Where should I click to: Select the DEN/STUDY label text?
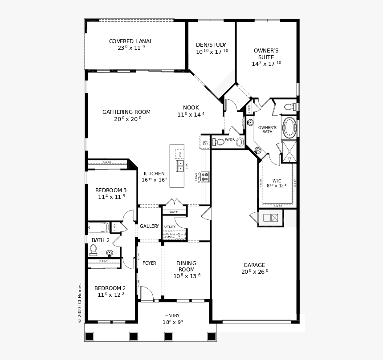point(211,45)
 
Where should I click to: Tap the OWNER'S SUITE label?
point(266,54)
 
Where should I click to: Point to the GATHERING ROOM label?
point(126,112)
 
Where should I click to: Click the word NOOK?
point(191,108)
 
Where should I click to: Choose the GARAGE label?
point(254,265)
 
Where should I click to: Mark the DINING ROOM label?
point(186,266)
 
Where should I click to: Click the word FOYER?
point(149,263)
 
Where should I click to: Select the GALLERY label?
point(149,226)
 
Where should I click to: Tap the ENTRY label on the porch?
point(172,316)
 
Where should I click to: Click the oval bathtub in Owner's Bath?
point(289,127)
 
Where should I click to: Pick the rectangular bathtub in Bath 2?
point(98,227)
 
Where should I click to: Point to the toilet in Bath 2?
point(93,250)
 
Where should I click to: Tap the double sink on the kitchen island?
point(180,166)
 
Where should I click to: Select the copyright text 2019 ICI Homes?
point(80,303)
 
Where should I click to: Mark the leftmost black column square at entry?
point(90,336)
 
